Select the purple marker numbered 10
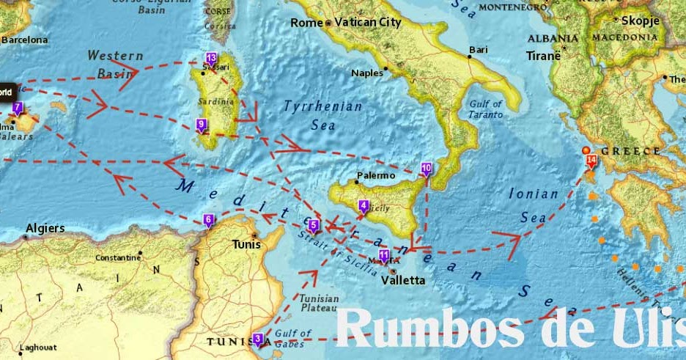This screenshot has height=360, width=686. pyautogui.click(x=427, y=169)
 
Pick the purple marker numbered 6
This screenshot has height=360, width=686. pyautogui.click(x=209, y=220)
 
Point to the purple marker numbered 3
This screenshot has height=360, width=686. pyautogui.click(x=257, y=339)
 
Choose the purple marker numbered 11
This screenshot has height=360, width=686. pyautogui.click(x=383, y=256)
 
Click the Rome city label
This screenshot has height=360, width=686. pyautogui.click(x=306, y=23)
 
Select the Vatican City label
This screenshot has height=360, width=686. pyautogui.click(x=369, y=23)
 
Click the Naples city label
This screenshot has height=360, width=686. pyautogui.click(x=367, y=73)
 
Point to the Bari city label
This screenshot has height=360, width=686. pyautogui.click(x=479, y=50)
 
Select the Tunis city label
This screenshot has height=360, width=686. pyautogui.click(x=246, y=245)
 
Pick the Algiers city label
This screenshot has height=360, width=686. pyautogui.click(x=45, y=229)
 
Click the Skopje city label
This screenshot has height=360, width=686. pyautogui.click(x=641, y=21)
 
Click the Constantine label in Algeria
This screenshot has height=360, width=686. pyautogui.click(x=118, y=258)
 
